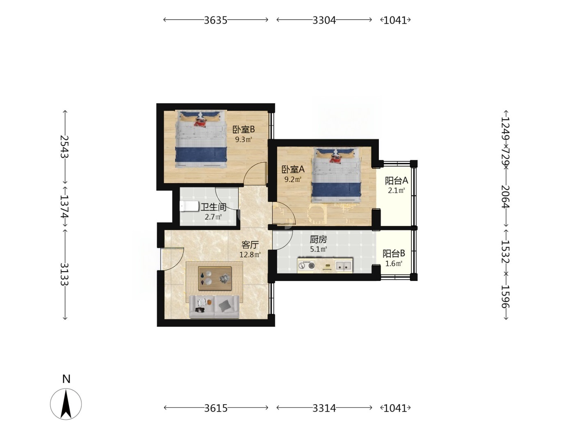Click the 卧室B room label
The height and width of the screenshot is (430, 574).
point(244,129)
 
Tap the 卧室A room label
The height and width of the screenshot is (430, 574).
point(293,170)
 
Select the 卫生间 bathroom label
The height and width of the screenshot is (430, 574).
point(213,207)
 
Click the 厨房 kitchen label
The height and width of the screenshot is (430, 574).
point(318,239)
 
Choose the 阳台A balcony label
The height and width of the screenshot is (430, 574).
point(396,181)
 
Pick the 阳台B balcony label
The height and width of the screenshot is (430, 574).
point(394,253)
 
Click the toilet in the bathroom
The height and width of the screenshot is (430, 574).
point(189,206)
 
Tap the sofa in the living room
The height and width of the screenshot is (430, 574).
point(214,307)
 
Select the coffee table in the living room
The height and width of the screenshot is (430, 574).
point(215,278)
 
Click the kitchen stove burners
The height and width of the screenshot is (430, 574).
point(307,265)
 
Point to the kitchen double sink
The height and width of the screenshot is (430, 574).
point(343,266)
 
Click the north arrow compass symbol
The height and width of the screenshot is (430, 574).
point(66,404)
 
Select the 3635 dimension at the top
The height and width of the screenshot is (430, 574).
point(216,20)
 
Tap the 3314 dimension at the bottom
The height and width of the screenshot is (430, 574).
point(324,408)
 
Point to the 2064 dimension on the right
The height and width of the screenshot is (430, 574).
point(506,197)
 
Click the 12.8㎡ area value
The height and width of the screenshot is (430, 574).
point(250,255)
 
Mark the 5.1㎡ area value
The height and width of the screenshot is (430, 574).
point(318,249)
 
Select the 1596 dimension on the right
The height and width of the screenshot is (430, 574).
point(506,296)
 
